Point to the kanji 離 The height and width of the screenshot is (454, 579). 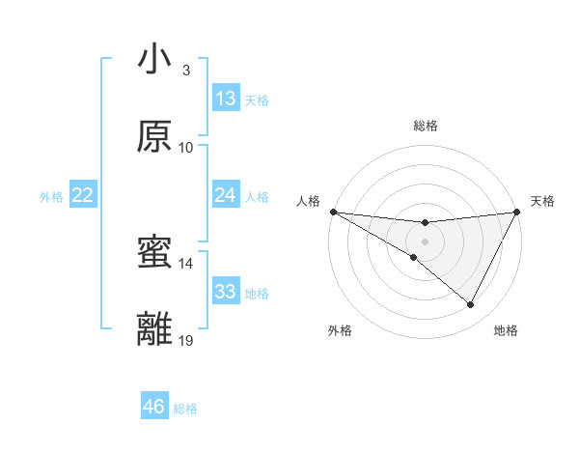(154, 329)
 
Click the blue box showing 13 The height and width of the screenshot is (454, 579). (226, 99)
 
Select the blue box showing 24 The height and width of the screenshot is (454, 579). (226, 195)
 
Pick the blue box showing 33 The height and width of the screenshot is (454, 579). (226, 292)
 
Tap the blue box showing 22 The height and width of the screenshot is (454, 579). (83, 195)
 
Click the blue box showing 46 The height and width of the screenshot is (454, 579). (154, 407)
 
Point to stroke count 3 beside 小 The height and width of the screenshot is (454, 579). (186, 71)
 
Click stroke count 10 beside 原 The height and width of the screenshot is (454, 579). (186, 147)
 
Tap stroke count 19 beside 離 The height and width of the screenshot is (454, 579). (186, 340)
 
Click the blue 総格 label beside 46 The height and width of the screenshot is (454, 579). (185, 409)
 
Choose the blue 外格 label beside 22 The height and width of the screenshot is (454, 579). (51, 197)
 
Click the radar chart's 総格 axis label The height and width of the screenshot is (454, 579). (425, 126)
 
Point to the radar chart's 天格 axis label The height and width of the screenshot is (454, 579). (542, 201)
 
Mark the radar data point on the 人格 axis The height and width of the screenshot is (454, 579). (333, 212)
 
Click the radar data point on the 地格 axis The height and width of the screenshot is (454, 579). (471, 305)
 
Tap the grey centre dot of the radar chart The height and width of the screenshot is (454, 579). (425, 241)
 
